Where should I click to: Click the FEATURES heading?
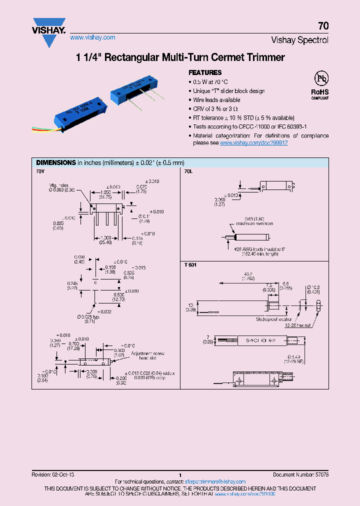(205, 72)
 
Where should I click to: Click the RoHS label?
(319, 92)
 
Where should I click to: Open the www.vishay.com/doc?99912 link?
(253, 142)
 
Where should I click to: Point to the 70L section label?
(188, 171)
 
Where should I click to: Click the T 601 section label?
(190, 265)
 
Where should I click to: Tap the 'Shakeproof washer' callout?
(274, 318)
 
